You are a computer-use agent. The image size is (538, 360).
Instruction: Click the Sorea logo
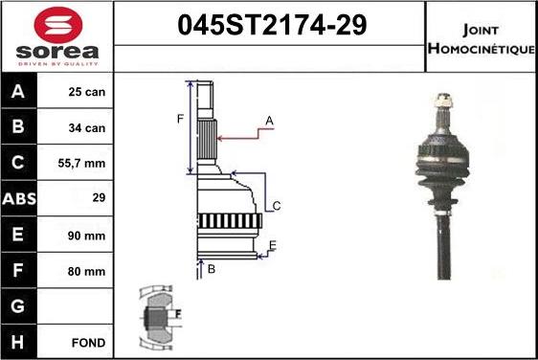(56, 35)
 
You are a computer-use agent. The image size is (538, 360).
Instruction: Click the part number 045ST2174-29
(272, 26)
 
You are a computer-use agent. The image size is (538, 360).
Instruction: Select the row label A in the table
(19, 92)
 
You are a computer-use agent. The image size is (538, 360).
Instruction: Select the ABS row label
(20, 199)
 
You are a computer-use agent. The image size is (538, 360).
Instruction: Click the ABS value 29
(97, 199)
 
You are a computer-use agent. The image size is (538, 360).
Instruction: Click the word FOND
(87, 342)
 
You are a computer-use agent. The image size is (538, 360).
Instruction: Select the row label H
(19, 342)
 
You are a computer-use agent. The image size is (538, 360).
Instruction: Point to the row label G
(19, 306)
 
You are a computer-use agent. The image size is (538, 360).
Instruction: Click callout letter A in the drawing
(270, 121)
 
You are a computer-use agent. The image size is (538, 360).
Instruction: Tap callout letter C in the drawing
(277, 206)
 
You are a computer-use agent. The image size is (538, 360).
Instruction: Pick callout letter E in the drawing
(272, 246)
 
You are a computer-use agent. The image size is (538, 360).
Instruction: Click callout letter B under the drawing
(212, 270)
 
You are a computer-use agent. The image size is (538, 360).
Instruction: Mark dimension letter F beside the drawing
(179, 119)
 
